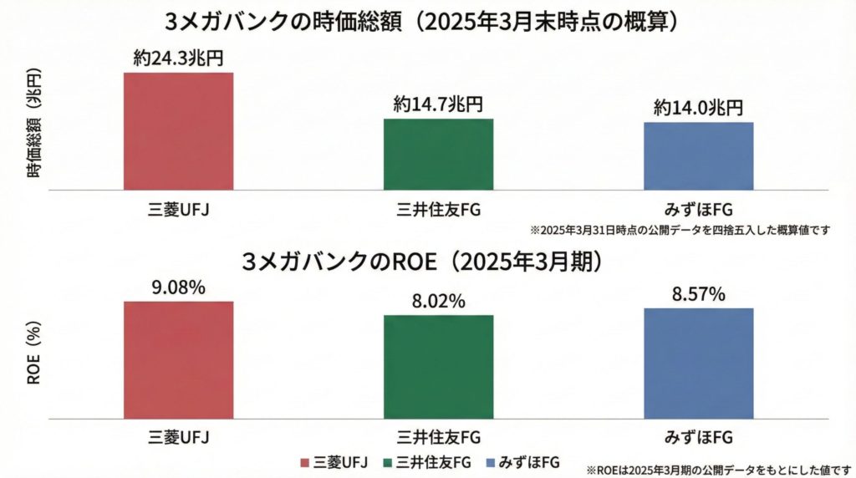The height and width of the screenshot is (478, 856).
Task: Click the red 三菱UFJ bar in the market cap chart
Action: pyautogui.click(x=178, y=131)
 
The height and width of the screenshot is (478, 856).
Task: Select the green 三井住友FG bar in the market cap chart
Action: pyautogui.click(x=439, y=155)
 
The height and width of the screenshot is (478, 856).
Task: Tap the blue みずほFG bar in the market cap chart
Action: pyautogui.click(x=699, y=156)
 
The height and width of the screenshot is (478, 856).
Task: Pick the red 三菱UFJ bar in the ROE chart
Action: pyautogui.click(x=178, y=359)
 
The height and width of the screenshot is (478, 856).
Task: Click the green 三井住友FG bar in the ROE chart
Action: pyautogui.click(x=439, y=366)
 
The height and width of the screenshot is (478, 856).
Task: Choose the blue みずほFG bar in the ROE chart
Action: pyautogui.click(x=699, y=363)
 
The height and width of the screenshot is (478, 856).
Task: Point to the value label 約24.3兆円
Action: pyautogui.click(x=178, y=58)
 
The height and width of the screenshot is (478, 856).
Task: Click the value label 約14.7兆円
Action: pyautogui.click(x=439, y=104)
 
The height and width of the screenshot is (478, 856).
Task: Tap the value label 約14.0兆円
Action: pyautogui.click(x=699, y=108)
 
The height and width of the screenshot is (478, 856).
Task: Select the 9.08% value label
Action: pyautogui.click(x=178, y=287)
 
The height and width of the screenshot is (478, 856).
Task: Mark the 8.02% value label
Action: pyautogui.click(x=439, y=302)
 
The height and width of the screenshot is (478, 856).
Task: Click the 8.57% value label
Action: pyautogui.click(x=699, y=294)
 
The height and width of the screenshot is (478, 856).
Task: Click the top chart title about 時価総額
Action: pyautogui.click(x=427, y=21)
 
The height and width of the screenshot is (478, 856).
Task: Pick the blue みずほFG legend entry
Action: pyautogui.click(x=527, y=462)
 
